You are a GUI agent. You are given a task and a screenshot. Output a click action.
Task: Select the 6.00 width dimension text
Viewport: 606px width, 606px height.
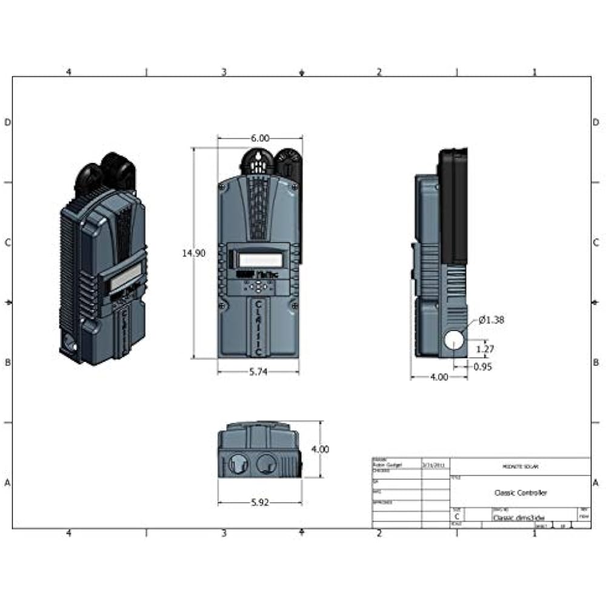pos(260,139)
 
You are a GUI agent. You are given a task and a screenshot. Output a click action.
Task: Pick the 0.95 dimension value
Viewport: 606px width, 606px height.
pos(483,367)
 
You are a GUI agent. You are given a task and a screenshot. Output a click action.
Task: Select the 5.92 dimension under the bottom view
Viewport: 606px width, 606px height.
pos(259,502)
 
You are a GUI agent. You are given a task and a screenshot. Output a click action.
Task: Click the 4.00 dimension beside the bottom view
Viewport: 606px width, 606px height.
pos(320,450)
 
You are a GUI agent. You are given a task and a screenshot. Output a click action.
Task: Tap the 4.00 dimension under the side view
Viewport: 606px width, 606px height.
pos(439,377)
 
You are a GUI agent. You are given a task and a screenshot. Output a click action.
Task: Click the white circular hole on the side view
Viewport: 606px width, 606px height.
pos(453,340)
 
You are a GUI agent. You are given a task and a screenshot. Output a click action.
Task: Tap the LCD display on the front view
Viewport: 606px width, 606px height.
pos(261,259)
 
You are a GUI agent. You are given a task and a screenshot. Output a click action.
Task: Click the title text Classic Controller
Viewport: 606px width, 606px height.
pos(521,493)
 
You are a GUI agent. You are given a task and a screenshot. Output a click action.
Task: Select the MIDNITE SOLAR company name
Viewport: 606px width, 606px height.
pos(521,467)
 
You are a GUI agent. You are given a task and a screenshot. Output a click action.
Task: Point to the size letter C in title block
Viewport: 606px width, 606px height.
pos(457,517)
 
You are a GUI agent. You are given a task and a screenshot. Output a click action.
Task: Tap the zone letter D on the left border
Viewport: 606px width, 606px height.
pos(8,122)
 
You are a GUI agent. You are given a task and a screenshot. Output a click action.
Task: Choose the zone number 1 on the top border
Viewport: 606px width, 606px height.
pos(534,72)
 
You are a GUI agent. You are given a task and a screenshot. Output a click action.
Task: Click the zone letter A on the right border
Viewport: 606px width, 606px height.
pos(596,483)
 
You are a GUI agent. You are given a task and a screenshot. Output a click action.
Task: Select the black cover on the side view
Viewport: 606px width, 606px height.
pos(453,206)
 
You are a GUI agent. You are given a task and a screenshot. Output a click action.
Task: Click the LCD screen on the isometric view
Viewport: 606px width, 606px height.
pos(125,278)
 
